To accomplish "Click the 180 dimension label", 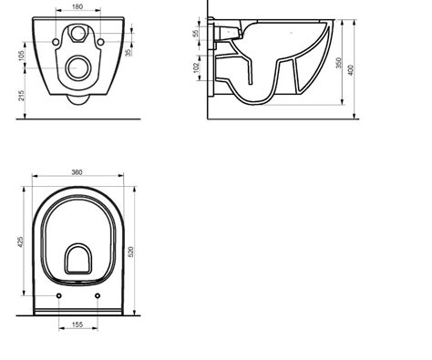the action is pyautogui.click(x=77, y=6).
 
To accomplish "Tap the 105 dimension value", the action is pyautogui.click(x=21, y=56).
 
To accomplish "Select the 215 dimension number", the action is pyautogui.click(x=21, y=96).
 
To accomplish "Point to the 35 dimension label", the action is pyautogui.click(x=129, y=53).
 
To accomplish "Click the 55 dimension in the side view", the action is pyautogui.click(x=196, y=33).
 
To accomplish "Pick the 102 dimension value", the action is pyautogui.click(x=197, y=67).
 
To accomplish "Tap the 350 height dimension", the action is pyautogui.click(x=339, y=63).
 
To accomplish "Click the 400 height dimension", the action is pyautogui.click(x=351, y=70).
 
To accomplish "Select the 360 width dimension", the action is pyautogui.click(x=77, y=172).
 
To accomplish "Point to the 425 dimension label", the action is pyautogui.click(x=21, y=242).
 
